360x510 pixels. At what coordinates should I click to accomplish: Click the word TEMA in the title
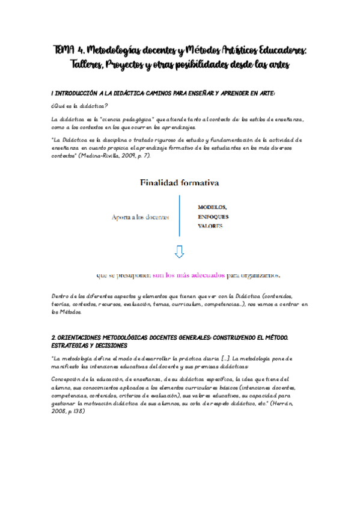[x=63, y=51]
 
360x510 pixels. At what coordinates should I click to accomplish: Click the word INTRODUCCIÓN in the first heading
[x=81, y=93]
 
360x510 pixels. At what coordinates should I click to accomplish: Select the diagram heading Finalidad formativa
[x=179, y=182]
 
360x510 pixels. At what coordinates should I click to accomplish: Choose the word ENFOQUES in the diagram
[x=213, y=217]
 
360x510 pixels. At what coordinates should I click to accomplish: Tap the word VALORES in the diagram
[x=210, y=226]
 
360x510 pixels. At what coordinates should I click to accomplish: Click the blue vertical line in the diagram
[x=180, y=215]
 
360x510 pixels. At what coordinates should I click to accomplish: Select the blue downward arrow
[x=180, y=251]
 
